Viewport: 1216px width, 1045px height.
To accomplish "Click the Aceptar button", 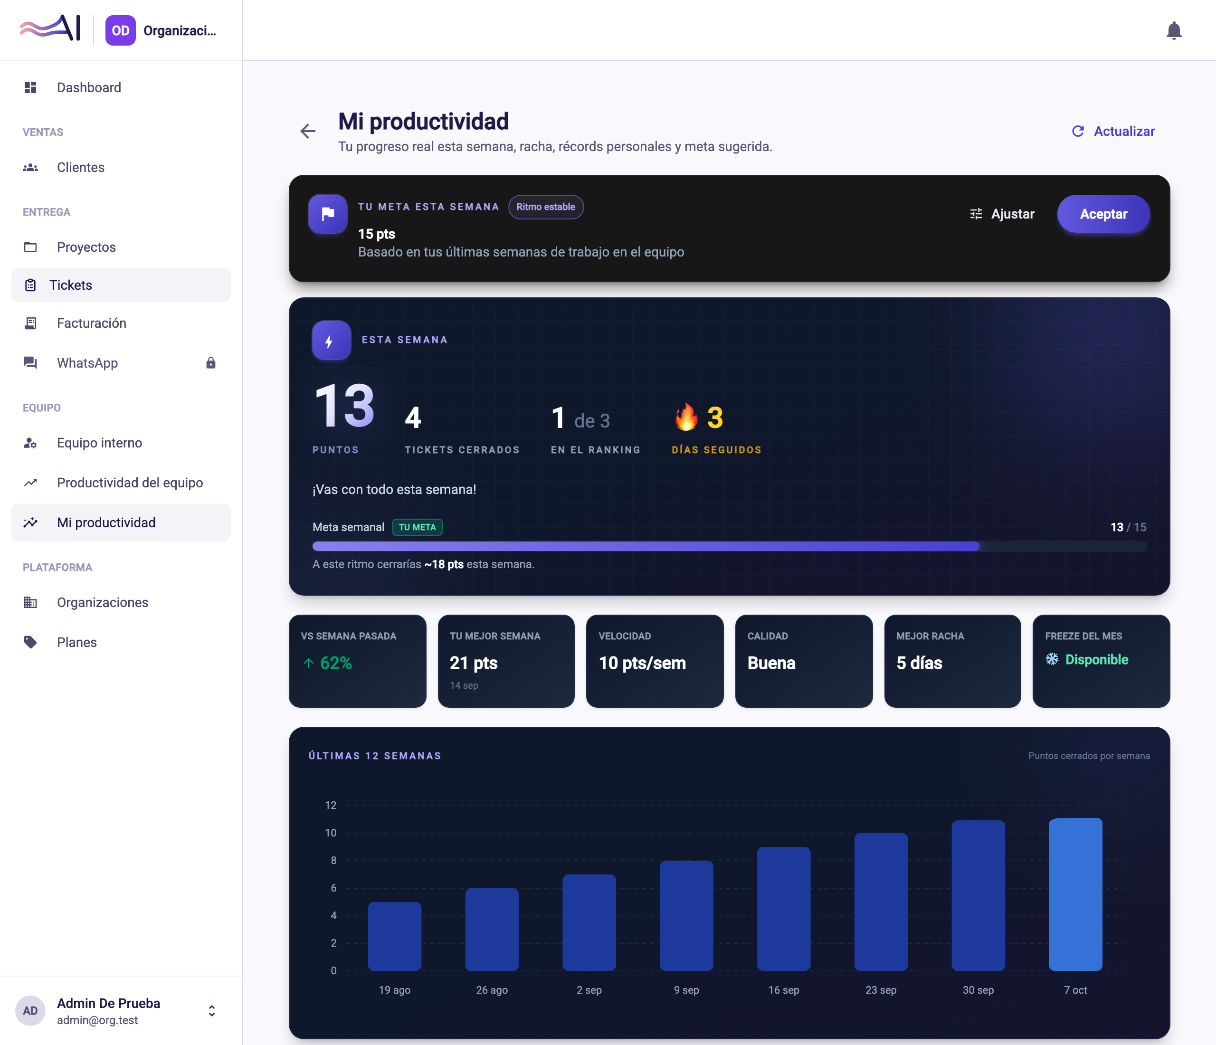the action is pyautogui.click(x=1103, y=214).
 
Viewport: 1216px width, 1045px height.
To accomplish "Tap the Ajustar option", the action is pyautogui.click(x=1002, y=214).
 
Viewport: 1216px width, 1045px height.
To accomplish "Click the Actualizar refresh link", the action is pyautogui.click(x=1113, y=132).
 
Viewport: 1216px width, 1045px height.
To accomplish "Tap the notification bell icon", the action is pyautogui.click(x=1174, y=30).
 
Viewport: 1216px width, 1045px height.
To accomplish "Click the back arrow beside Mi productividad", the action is pyautogui.click(x=308, y=132).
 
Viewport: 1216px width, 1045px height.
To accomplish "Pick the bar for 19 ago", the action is pyautogui.click(x=394, y=936).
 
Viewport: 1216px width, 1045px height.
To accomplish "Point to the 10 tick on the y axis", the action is pyautogui.click(x=331, y=833).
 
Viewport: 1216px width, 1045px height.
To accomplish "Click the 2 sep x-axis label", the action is pyautogui.click(x=589, y=990).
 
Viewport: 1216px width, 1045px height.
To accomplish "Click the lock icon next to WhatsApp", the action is pyautogui.click(x=211, y=363).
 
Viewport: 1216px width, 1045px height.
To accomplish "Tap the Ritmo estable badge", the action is pyautogui.click(x=546, y=207).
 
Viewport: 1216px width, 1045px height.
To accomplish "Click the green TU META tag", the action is pyautogui.click(x=417, y=527).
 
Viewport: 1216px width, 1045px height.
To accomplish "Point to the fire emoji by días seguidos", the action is pyautogui.click(x=686, y=417).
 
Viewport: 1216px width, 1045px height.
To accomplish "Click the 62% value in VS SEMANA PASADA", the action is pyautogui.click(x=336, y=663).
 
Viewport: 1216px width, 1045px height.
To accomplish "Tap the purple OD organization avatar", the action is pyautogui.click(x=120, y=30).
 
